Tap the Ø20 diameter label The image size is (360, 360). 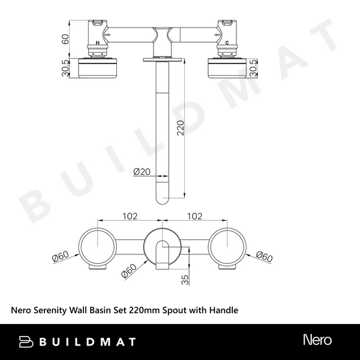(x=141, y=172)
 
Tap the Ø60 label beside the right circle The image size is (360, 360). (x=263, y=256)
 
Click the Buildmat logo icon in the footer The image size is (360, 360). (x=27, y=341)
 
